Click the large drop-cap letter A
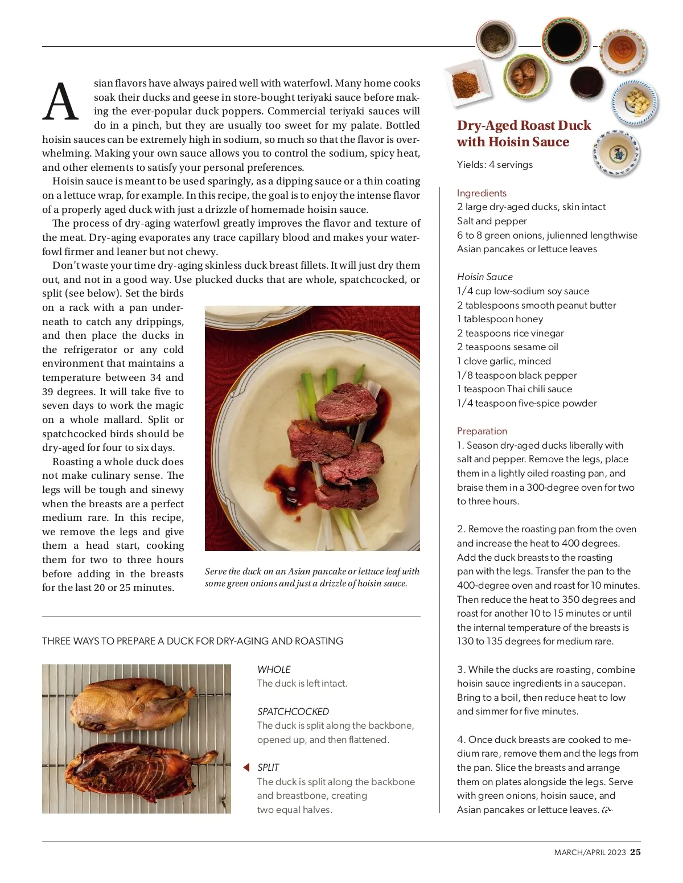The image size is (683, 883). click(60, 102)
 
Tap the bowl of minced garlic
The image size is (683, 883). click(634, 102)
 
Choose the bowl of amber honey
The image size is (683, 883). click(622, 51)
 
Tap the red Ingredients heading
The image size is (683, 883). click(482, 193)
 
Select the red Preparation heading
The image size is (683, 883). click(482, 431)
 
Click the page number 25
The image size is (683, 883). click(635, 852)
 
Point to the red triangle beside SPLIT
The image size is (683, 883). click(246, 767)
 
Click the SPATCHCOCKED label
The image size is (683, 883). click(293, 712)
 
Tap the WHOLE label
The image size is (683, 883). click(274, 670)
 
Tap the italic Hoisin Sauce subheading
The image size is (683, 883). click(484, 277)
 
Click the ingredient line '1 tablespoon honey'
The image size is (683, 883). click(500, 319)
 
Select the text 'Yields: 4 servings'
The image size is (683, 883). click(495, 165)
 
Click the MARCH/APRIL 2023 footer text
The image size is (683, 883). click(590, 852)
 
